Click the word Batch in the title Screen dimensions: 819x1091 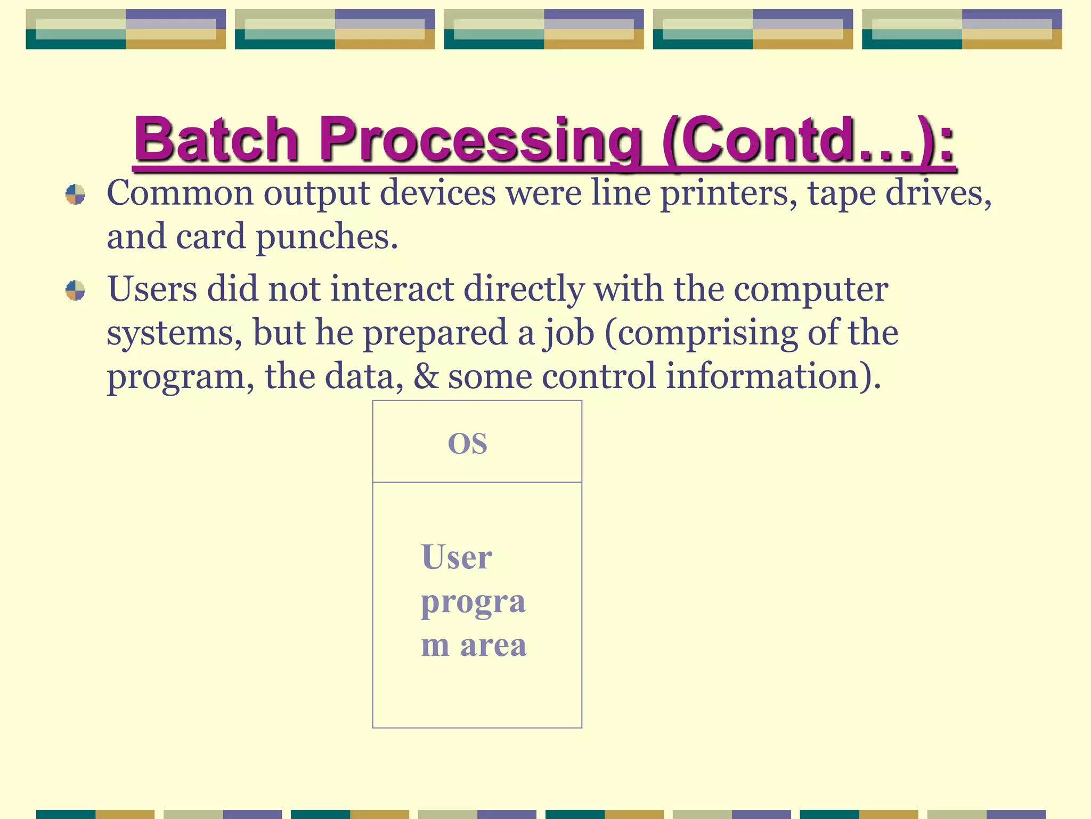point(216,140)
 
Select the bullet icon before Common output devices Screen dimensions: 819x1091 point(75,195)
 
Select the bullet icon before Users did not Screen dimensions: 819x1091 point(75,291)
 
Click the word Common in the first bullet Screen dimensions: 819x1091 point(180,193)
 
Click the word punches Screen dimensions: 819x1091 point(327,237)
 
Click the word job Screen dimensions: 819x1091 point(569,334)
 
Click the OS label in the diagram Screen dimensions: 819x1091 point(467,444)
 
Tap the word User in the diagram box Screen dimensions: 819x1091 point(457,558)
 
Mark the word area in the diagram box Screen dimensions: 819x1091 point(493,645)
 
